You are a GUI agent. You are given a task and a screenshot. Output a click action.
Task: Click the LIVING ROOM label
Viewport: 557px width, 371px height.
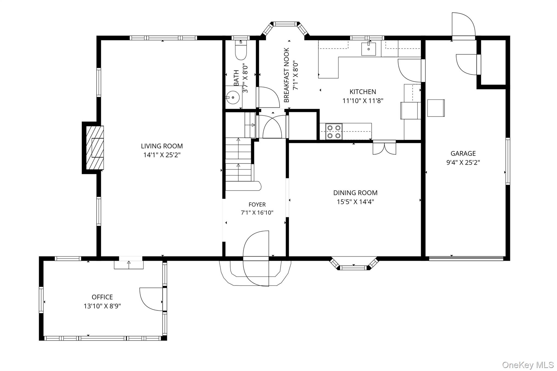(x=162, y=146)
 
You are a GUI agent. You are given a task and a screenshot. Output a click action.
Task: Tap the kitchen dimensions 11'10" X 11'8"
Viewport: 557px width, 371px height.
(x=363, y=101)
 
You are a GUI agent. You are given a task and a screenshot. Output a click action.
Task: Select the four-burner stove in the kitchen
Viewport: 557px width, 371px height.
(x=334, y=132)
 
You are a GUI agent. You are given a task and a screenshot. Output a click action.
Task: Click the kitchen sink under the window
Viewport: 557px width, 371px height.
(x=369, y=49)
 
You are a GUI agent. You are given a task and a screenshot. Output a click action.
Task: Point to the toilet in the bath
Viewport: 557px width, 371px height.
(x=241, y=50)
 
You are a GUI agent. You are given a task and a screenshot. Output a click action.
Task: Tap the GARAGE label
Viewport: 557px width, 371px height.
(x=463, y=154)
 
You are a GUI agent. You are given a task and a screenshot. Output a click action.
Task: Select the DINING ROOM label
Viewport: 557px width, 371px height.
(x=355, y=193)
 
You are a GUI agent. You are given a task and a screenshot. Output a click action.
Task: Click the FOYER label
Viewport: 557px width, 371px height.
(x=257, y=204)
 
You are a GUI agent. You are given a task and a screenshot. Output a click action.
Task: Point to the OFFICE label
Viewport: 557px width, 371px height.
(x=102, y=297)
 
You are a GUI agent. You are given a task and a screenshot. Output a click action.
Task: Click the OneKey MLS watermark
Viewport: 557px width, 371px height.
(x=528, y=365)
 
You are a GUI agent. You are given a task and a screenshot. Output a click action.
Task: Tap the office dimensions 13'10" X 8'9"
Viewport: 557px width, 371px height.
(x=102, y=306)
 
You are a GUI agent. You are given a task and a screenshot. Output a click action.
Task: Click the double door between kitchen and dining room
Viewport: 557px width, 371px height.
(x=384, y=148)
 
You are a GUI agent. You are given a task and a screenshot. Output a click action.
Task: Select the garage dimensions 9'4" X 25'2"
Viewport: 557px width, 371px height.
(x=463, y=163)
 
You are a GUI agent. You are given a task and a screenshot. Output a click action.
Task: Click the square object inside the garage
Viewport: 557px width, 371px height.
(x=436, y=108)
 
